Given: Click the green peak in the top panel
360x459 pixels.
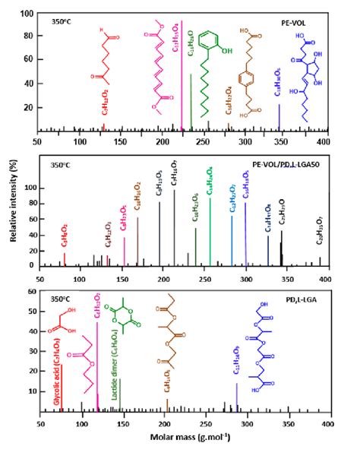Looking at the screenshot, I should click(191, 99).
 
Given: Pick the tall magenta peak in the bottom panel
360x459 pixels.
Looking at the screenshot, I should click(96, 365).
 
